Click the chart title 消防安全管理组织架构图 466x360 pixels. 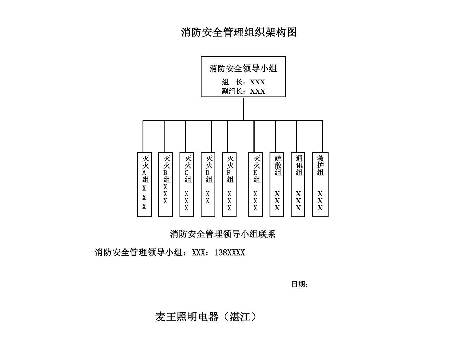click(x=239, y=32)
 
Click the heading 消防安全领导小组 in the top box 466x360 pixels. click(x=243, y=69)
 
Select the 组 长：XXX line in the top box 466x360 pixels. click(x=243, y=82)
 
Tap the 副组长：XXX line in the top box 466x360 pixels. click(x=243, y=91)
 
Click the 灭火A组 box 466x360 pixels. click(x=144, y=185)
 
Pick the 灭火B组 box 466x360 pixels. click(x=166, y=185)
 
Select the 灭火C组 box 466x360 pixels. click(x=187, y=185)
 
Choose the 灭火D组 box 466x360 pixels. click(x=208, y=185)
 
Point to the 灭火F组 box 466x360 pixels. click(x=229, y=185)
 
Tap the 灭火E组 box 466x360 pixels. click(x=256, y=185)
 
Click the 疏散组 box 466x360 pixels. click(x=277, y=185)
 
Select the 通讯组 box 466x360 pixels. click(x=298, y=185)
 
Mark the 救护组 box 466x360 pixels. click(x=320, y=185)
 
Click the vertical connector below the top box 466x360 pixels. click(x=243, y=109)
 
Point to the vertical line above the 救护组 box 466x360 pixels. click(x=323, y=137)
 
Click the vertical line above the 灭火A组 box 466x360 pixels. click(x=143, y=137)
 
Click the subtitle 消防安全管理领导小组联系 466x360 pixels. click(x=223, y=234)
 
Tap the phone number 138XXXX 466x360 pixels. click(x=229, y=253)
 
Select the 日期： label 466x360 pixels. click(x=300, y=284)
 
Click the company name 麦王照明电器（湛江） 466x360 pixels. click(x=206, y=317)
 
